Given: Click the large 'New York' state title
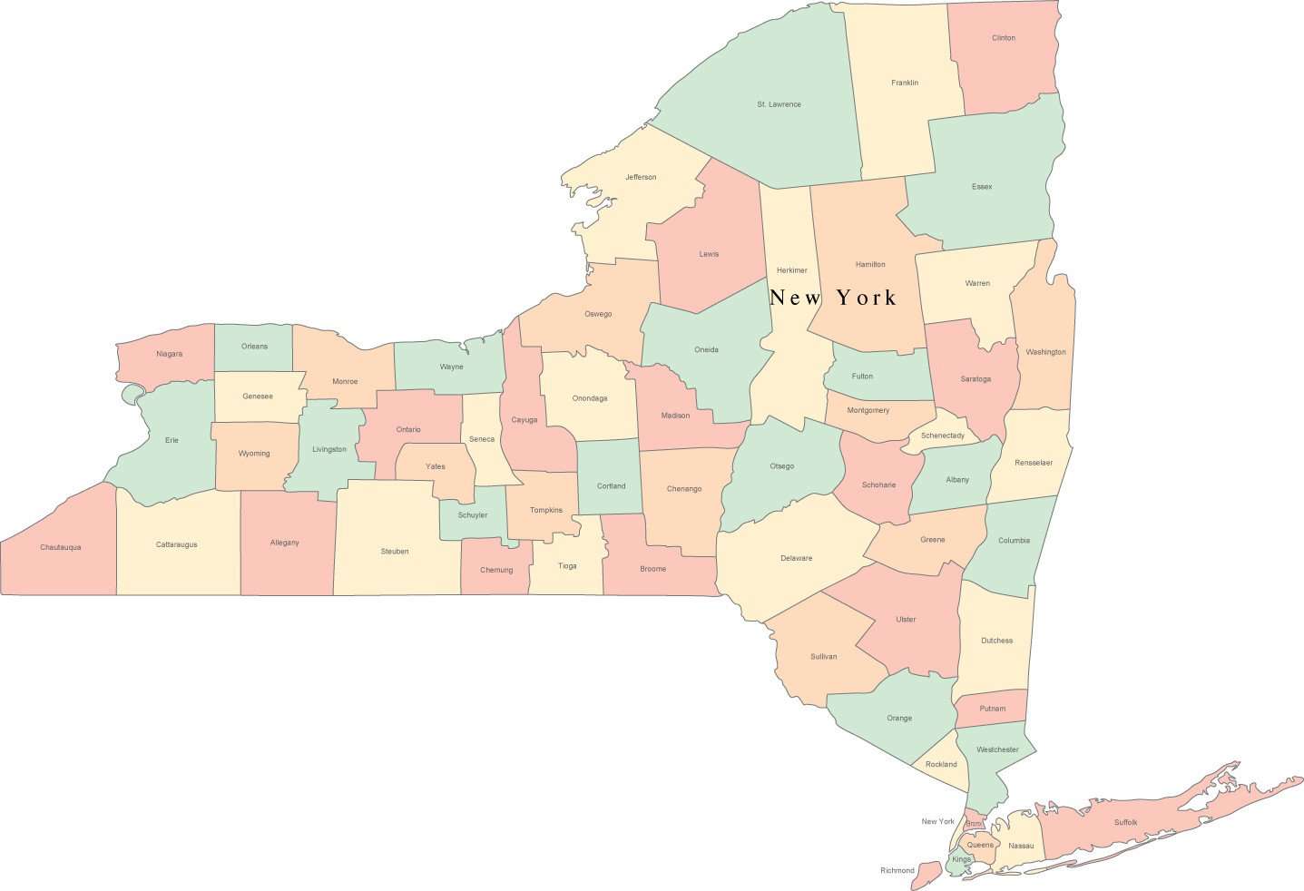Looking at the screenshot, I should pyautogui.click(x=832, y=298).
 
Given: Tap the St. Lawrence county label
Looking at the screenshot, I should pyautogui.click(x=779, y=104).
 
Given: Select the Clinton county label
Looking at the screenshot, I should pyautogui.click(x=1003, y=38).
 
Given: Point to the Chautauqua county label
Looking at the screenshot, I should pyautogui.click(x=60, y=547).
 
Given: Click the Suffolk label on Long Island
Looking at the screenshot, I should pyautogui.click(x=1125, y=822).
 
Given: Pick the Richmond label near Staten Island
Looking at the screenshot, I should pyautogui.click(x=897, y=870).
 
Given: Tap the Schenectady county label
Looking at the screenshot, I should pyautogui.click(x=942, y=436).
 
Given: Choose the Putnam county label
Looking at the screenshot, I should pyautogui.click(x=992, y=709).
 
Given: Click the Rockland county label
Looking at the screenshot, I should pyautogui.click(x=941, y=764).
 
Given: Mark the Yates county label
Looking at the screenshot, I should pyautogui.click(x=436, y=466).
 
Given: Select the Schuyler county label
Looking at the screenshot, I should pyautogui.click(x=472, y=515).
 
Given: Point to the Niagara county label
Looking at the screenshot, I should pyautogui.click(x=169, y=354).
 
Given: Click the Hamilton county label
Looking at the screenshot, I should pyautogui.click(x=869, y=264).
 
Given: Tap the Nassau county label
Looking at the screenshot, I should pyautogui.click(x=1021, y=846).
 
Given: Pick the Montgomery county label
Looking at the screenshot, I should pyautogui.click(x=868, y=410).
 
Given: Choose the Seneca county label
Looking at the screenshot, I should pyautogui.click(x=482, y=439).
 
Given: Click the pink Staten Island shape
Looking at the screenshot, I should pyautogui.click(x=926, y=876).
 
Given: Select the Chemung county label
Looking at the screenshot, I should pyautogui.click(x=496, y=570).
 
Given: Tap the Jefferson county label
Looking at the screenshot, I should pyautogui.click(x=640, y=177).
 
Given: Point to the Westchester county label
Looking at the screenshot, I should pyautogui.click(x=998, y=749).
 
